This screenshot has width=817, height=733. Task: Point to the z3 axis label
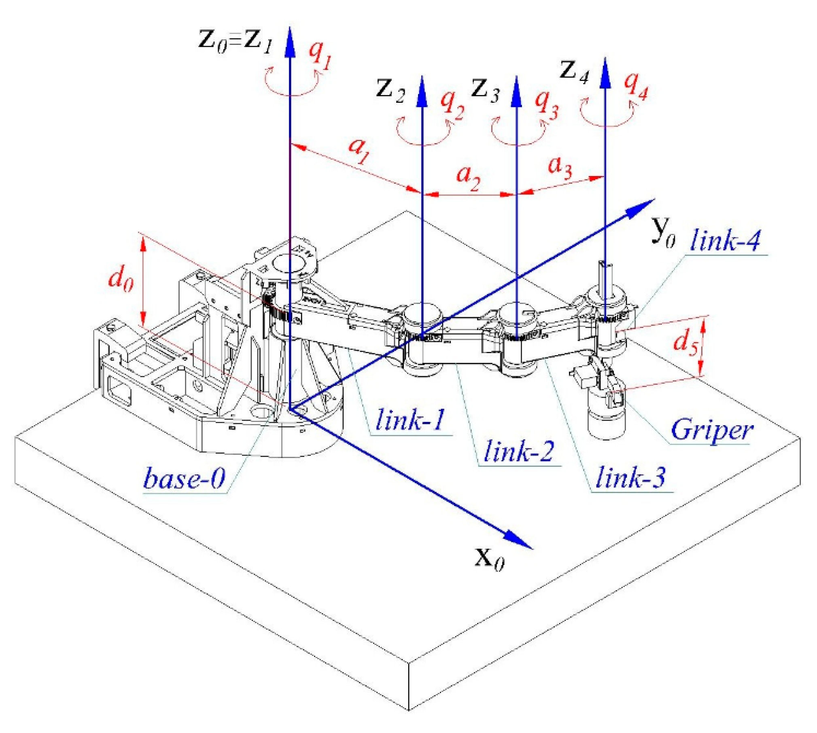(485, 90)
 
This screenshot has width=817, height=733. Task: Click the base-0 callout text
(184, 478)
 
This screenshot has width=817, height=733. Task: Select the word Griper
(712, 430)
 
